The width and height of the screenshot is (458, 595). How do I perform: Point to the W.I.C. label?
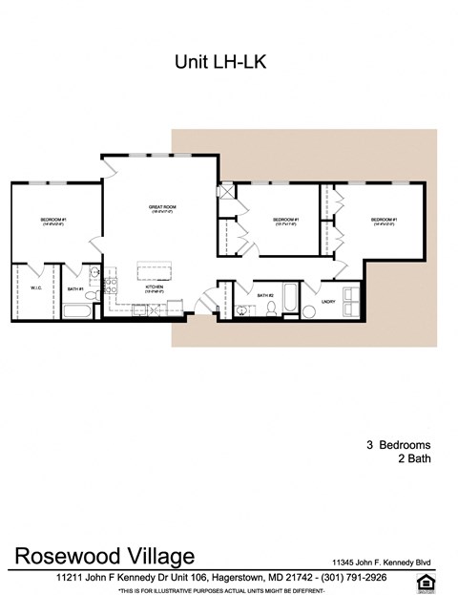[x=35, y=287]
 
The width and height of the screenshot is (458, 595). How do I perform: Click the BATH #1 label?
[x=75, y=287]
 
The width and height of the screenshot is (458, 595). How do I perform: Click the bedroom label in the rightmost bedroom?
[x=384, y=221]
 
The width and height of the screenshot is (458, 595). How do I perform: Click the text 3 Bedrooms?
[x=398, y=445]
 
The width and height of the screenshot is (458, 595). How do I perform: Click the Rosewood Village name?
[x=105, y=556]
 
